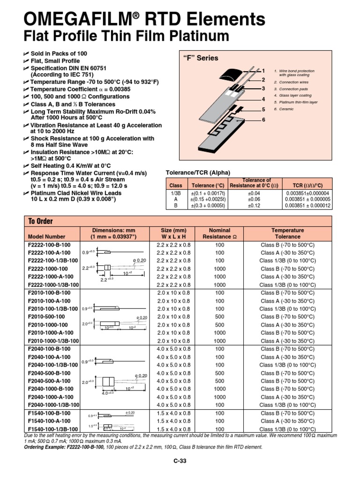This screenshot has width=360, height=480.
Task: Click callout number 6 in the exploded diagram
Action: click(x=263, y=120)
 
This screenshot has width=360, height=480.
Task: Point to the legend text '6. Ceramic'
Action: click(x=283, y=109)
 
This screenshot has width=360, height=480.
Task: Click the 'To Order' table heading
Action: click(x=41, y=221)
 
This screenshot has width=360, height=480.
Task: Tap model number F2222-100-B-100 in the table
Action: click(x=49, y=245)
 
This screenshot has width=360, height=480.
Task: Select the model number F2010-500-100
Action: click(x=47, y=317)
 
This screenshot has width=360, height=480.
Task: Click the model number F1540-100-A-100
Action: click(x=49, y=421)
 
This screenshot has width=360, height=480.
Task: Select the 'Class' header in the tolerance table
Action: click(x=176, y=185)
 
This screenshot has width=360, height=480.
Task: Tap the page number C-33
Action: click(x=180, y=461)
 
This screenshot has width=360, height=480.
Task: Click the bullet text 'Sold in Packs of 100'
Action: click(x=59, y=53)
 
